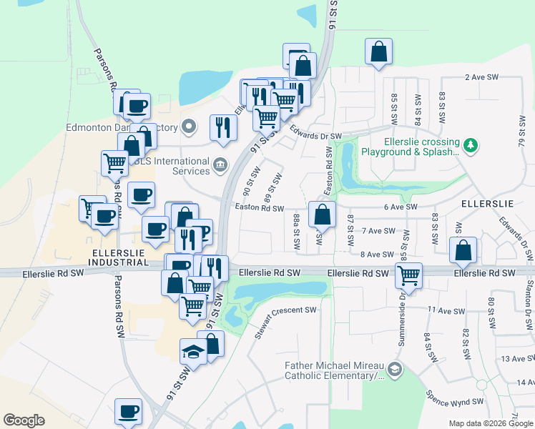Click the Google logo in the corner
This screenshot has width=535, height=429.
[24, 420]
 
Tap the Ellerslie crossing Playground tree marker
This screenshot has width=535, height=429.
[469, 146]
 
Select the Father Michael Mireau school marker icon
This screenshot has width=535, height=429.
[396, 370]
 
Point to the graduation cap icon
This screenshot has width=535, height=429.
[192, 350]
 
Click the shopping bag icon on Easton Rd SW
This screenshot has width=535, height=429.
[322, 213]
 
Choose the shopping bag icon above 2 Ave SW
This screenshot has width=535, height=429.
[378, 51]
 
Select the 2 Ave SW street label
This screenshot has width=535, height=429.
[485, 77]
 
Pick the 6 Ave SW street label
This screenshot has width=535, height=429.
[400, 207]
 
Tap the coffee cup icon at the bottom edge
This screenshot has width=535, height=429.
[129, 411]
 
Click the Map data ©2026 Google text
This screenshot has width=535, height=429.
[491, 423]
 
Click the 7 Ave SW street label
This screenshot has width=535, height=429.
[378, 231]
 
